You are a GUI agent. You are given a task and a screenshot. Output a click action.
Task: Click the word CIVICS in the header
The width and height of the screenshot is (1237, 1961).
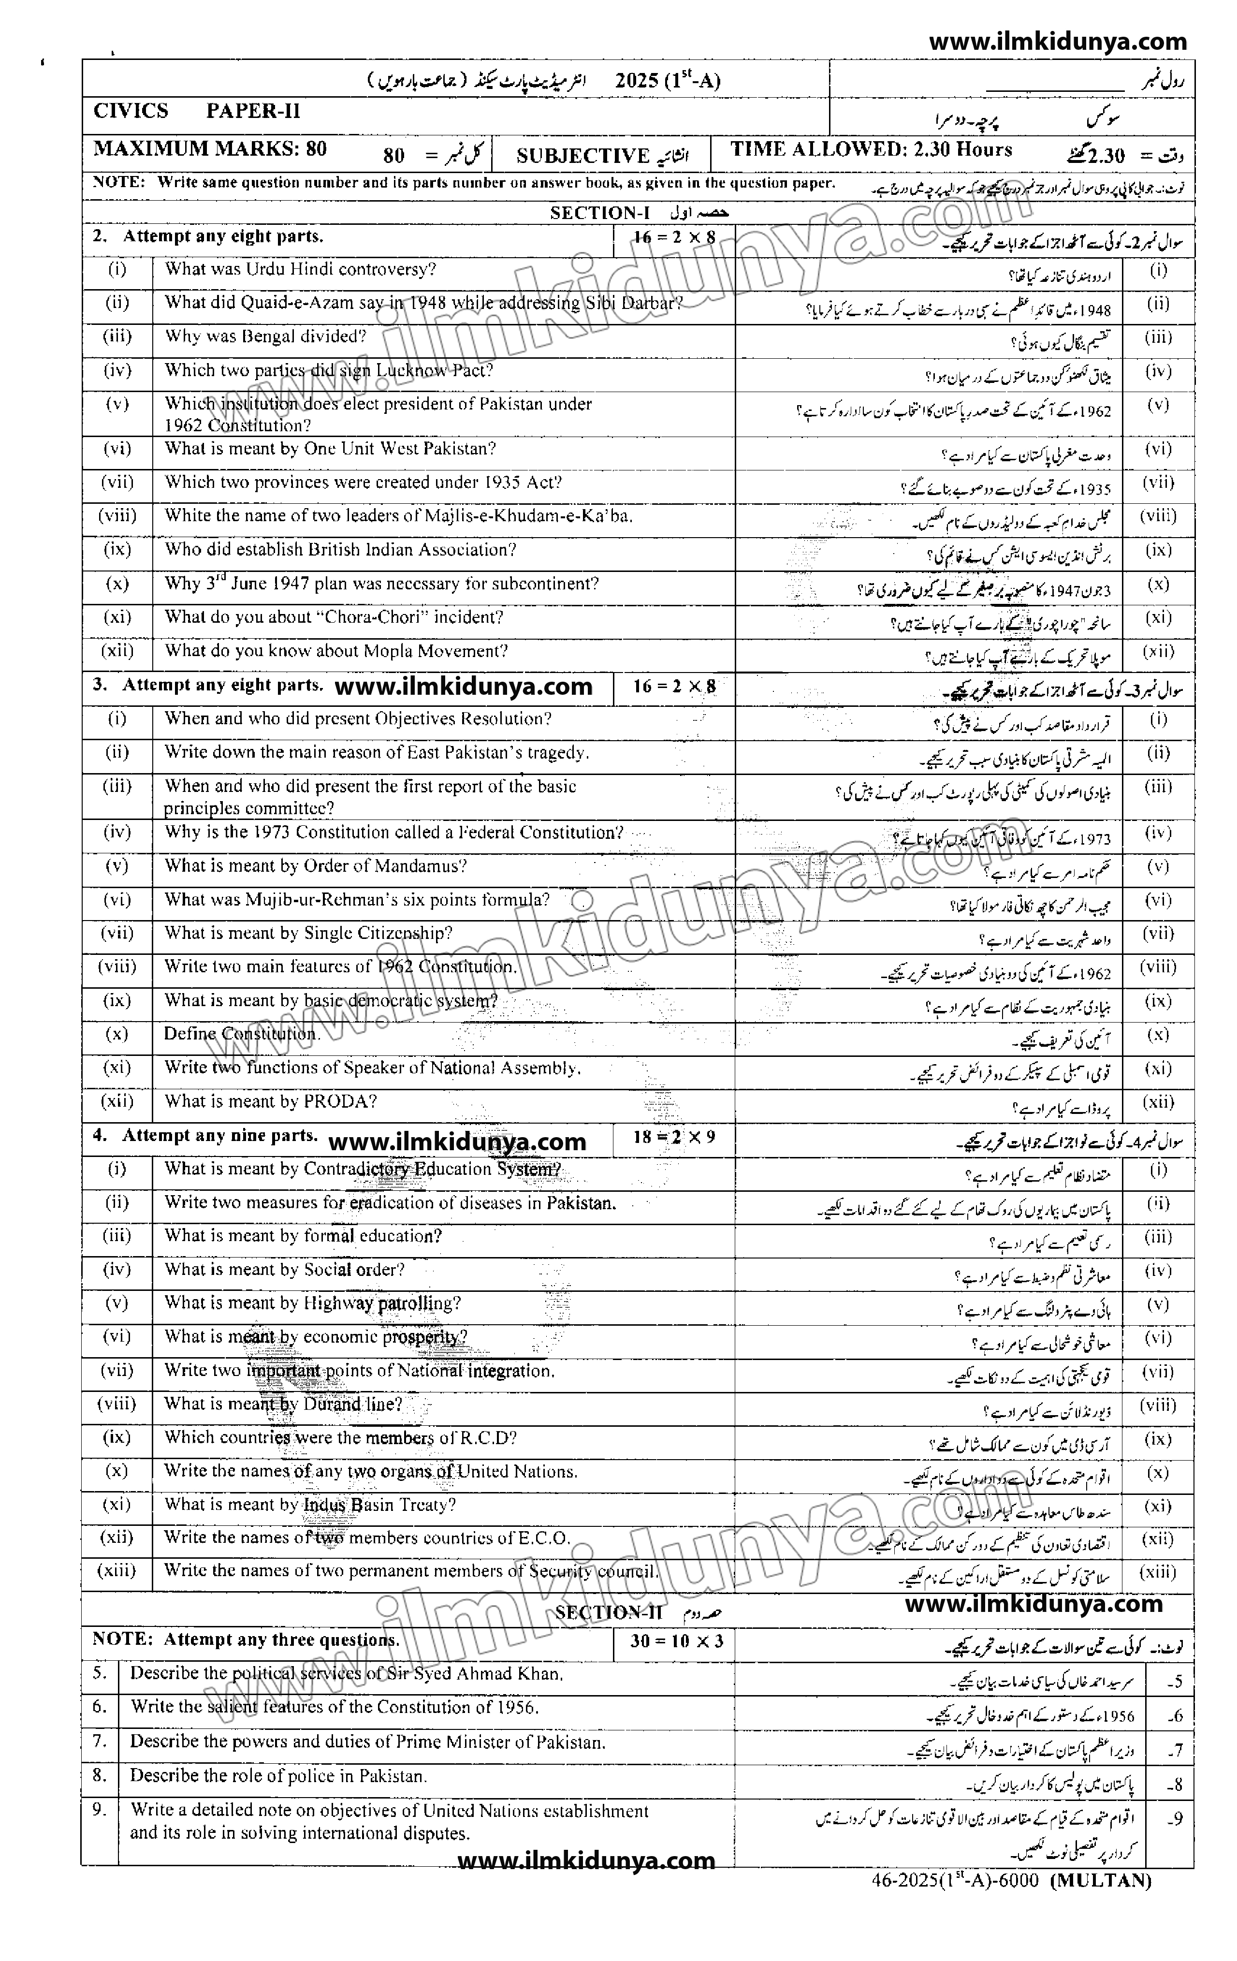131,112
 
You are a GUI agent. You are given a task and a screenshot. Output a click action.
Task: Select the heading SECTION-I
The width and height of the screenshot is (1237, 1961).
600,213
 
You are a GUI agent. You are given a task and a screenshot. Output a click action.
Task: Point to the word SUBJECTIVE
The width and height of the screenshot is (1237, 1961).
583,156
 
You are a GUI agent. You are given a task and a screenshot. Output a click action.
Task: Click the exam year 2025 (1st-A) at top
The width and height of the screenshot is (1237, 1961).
668,81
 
